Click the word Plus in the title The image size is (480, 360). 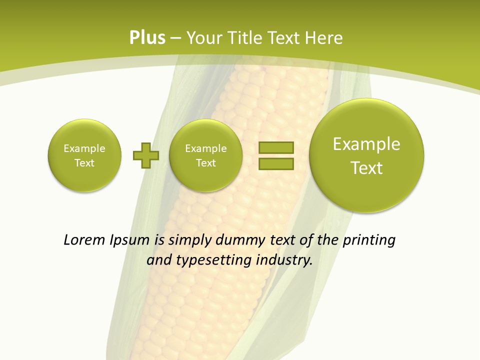coord(147,38)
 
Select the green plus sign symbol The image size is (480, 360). coord(146,155)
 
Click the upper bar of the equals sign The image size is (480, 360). coord(276,147)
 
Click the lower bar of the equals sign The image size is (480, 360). coord(276,163)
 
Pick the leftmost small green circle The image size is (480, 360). coord(84,155)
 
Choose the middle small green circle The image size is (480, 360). coord(206,155)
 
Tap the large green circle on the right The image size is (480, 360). coord(366,155)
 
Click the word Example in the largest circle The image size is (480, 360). coord(366,144)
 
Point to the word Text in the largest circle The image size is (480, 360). coord(366,168)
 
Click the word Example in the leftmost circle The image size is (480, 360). coord(84,148)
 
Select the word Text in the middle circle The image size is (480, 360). coord(206,163)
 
